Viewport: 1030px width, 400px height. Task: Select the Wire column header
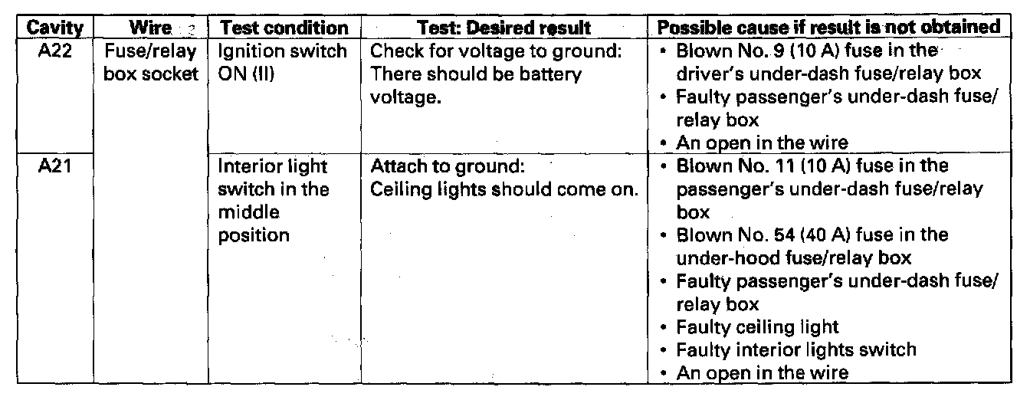(x=146, y=28)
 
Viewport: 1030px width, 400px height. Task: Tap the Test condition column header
(x=284, y=28)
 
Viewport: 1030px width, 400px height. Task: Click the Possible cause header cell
(x=830, y=28)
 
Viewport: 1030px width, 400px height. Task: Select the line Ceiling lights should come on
(x=504, y=189)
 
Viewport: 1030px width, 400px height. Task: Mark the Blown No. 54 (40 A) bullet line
(x=812, y=235)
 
